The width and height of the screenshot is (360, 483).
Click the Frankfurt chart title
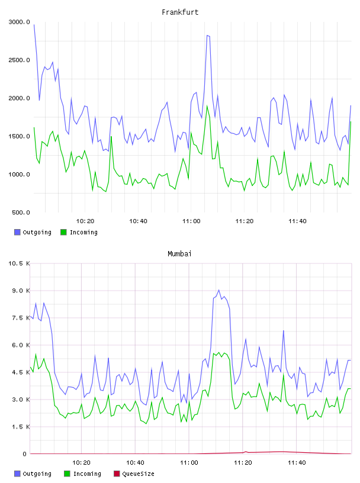pos(180,12)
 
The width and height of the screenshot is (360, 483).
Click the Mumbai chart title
pos(179,254)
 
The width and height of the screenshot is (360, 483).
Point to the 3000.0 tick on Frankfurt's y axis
pos(20,22)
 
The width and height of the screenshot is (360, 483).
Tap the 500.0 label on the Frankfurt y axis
pos(21,212)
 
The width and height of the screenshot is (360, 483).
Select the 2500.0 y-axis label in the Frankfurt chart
pos(20,60)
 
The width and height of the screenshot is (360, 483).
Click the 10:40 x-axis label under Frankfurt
pos(138,221)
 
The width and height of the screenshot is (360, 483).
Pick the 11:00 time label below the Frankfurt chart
pos(191,221)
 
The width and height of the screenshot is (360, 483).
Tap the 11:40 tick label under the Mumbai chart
pos(297,463)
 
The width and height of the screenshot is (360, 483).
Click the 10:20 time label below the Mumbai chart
pos(81,463)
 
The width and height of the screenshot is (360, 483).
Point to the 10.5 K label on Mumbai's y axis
pos(19,263)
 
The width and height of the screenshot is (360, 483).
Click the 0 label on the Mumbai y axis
pos(25,454)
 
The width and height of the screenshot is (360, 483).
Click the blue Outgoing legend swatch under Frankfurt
pos(17,232)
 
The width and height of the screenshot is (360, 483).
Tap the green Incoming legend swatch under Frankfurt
pos(63,232)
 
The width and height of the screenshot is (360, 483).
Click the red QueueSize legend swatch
pos(117,474)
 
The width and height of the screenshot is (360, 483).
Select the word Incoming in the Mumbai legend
pos(87,474)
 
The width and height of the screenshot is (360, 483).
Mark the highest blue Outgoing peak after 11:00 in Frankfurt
pos(207,36)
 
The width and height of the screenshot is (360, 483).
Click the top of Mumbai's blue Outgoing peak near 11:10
pos(219,290)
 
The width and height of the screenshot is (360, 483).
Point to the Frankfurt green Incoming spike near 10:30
pos(111,137)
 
